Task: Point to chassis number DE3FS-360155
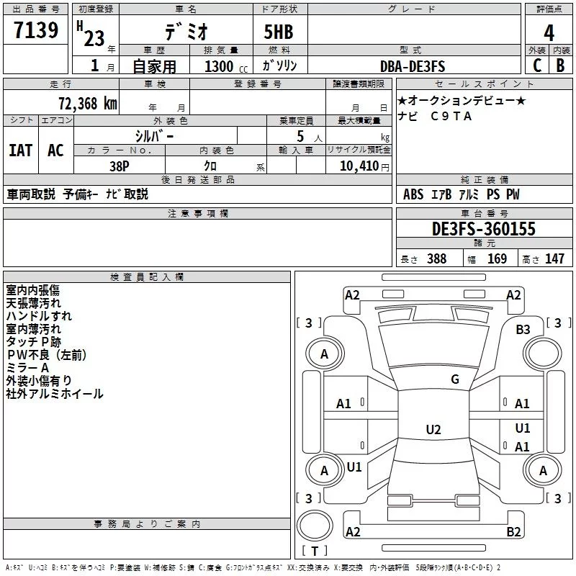click(x=484, y=229)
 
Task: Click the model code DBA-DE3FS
click(x=413, y=66)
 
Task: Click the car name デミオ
click(x=186, y=32)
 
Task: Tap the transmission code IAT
click(x=20, y=150)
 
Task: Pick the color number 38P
click(x=120, y=165)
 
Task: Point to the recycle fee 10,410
click(x=356, y=166)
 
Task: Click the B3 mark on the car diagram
click(x=523, y=329)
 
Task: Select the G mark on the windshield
click(x=454, y=379)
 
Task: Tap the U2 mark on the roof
click(x=433, y=430)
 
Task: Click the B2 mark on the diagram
click(x=513, y=531)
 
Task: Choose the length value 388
click(x=436, y=258)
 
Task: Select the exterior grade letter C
click(x=537, y=66)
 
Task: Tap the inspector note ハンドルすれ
click(x=39, y=315)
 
